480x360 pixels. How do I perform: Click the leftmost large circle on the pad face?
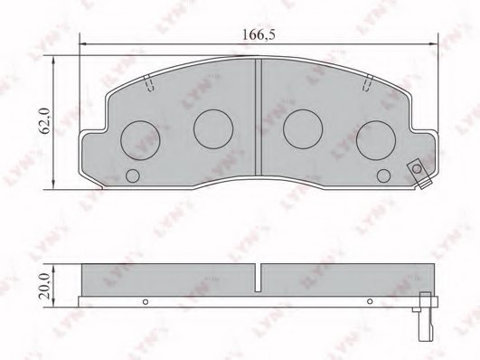[138, 138]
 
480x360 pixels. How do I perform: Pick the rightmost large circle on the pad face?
[375, 138]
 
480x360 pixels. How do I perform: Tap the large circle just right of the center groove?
[301, 128]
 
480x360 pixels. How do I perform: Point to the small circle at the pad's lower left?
[133, 175]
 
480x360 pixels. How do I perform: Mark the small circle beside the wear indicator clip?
[384, 175]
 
